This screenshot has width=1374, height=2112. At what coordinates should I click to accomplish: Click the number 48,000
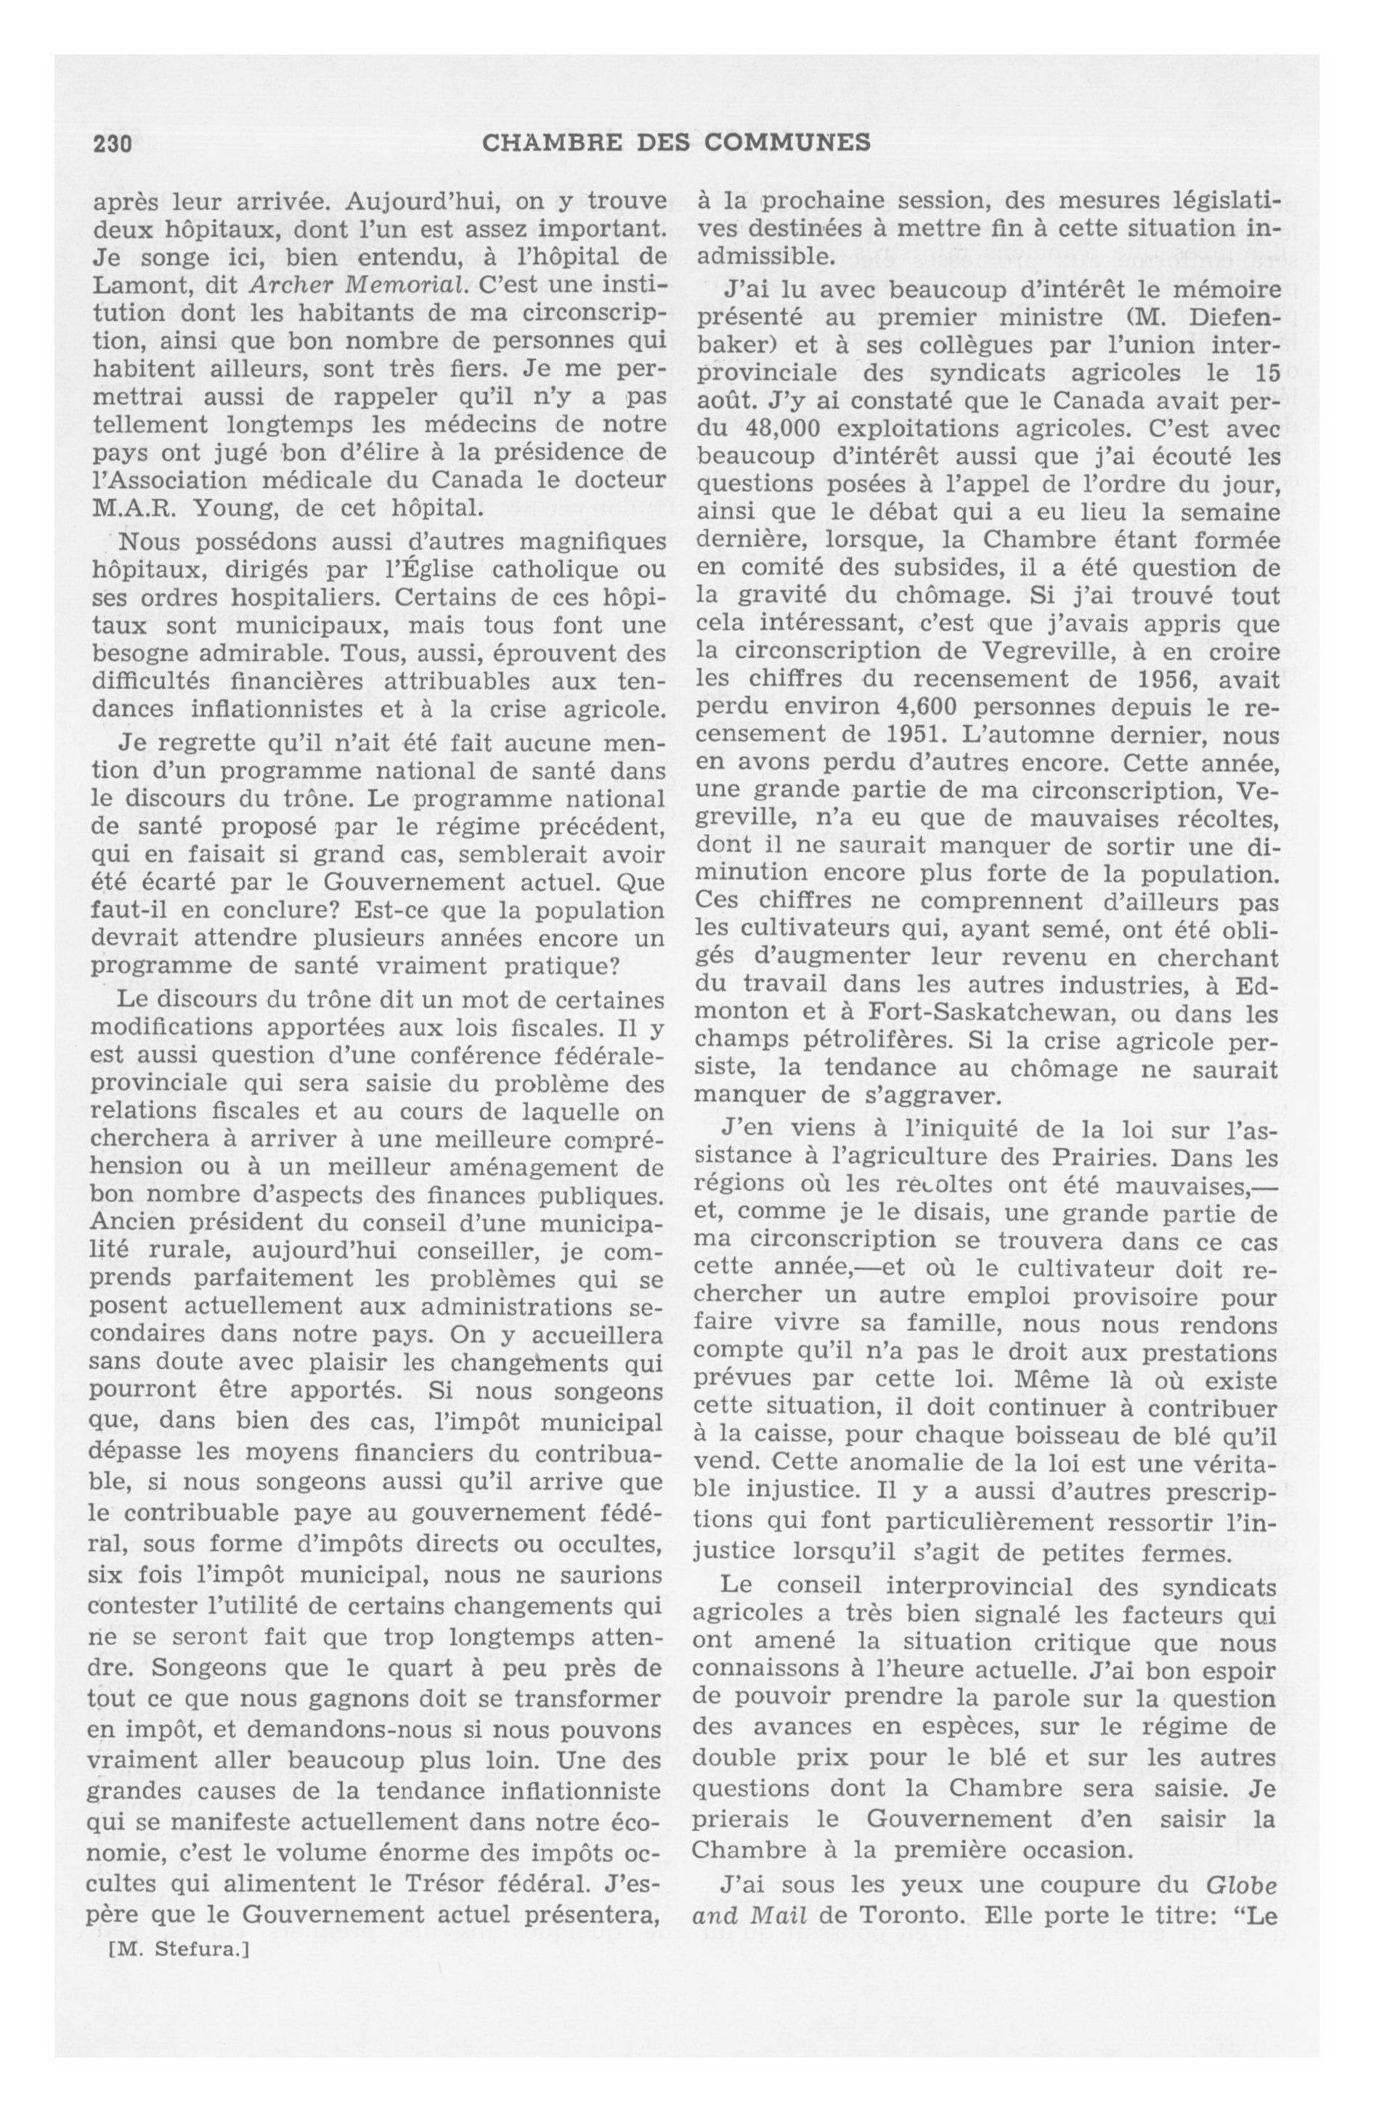click(773, 428)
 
